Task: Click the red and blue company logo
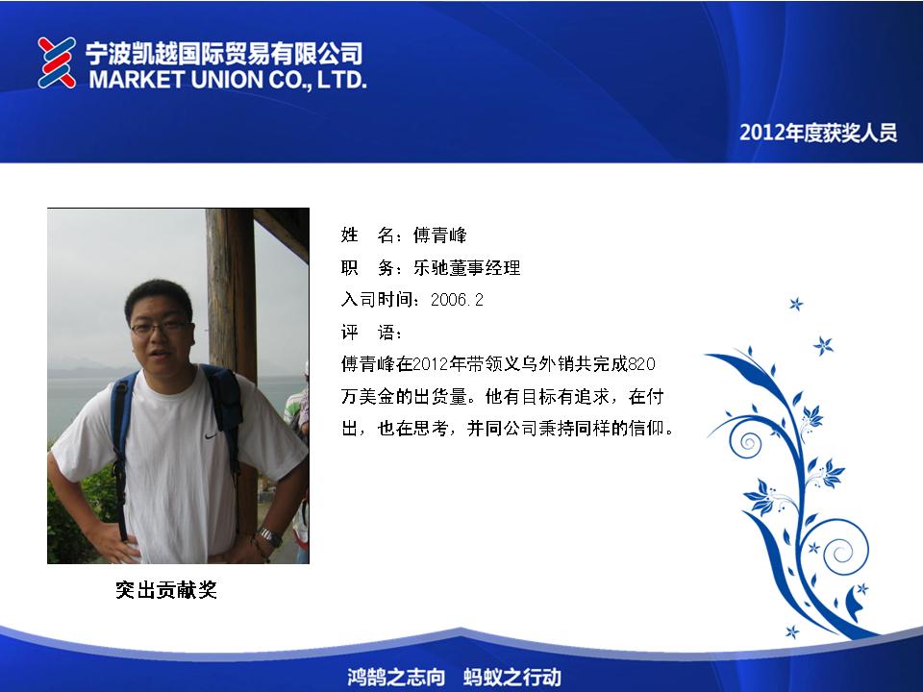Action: pos(57,63)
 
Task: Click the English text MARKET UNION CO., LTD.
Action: pos(228,80)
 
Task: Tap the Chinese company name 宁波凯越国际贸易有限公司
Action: pos(224,53)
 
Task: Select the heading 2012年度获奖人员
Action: pos(818,133)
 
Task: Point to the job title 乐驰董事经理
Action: pos(467,268)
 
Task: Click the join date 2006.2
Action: pos(457,300)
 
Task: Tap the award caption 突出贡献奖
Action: pos(166,589)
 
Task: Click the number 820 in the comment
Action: pos(641,364)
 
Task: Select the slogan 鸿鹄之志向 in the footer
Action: pos(395,677)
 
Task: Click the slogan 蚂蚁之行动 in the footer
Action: pos(512,677)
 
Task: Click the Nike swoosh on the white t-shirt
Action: pos(211,436)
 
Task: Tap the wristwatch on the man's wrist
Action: pos(270,536)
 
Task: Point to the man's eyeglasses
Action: pos(160,327)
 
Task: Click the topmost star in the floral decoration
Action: pos(796,304)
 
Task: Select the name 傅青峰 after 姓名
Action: pos(439,235)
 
